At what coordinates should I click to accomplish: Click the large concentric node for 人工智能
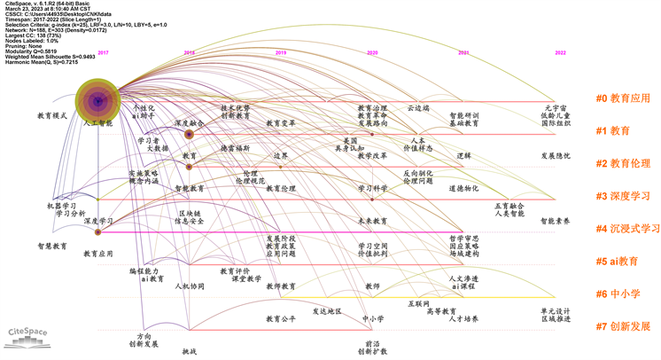point(98,103)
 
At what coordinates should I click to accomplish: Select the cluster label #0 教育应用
point(624,98)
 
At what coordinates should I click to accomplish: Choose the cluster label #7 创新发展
point(624,326)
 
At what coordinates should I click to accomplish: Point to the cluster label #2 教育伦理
point(624,164)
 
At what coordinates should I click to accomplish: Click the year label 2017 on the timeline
point(103,53)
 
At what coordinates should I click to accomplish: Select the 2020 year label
point(372,53)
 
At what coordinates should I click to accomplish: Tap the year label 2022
point(560,53)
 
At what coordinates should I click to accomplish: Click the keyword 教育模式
point(52,116)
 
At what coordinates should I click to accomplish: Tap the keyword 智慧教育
point(52,246)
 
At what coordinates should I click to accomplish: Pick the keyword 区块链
point(191,214)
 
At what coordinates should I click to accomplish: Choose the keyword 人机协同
point(190,286)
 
